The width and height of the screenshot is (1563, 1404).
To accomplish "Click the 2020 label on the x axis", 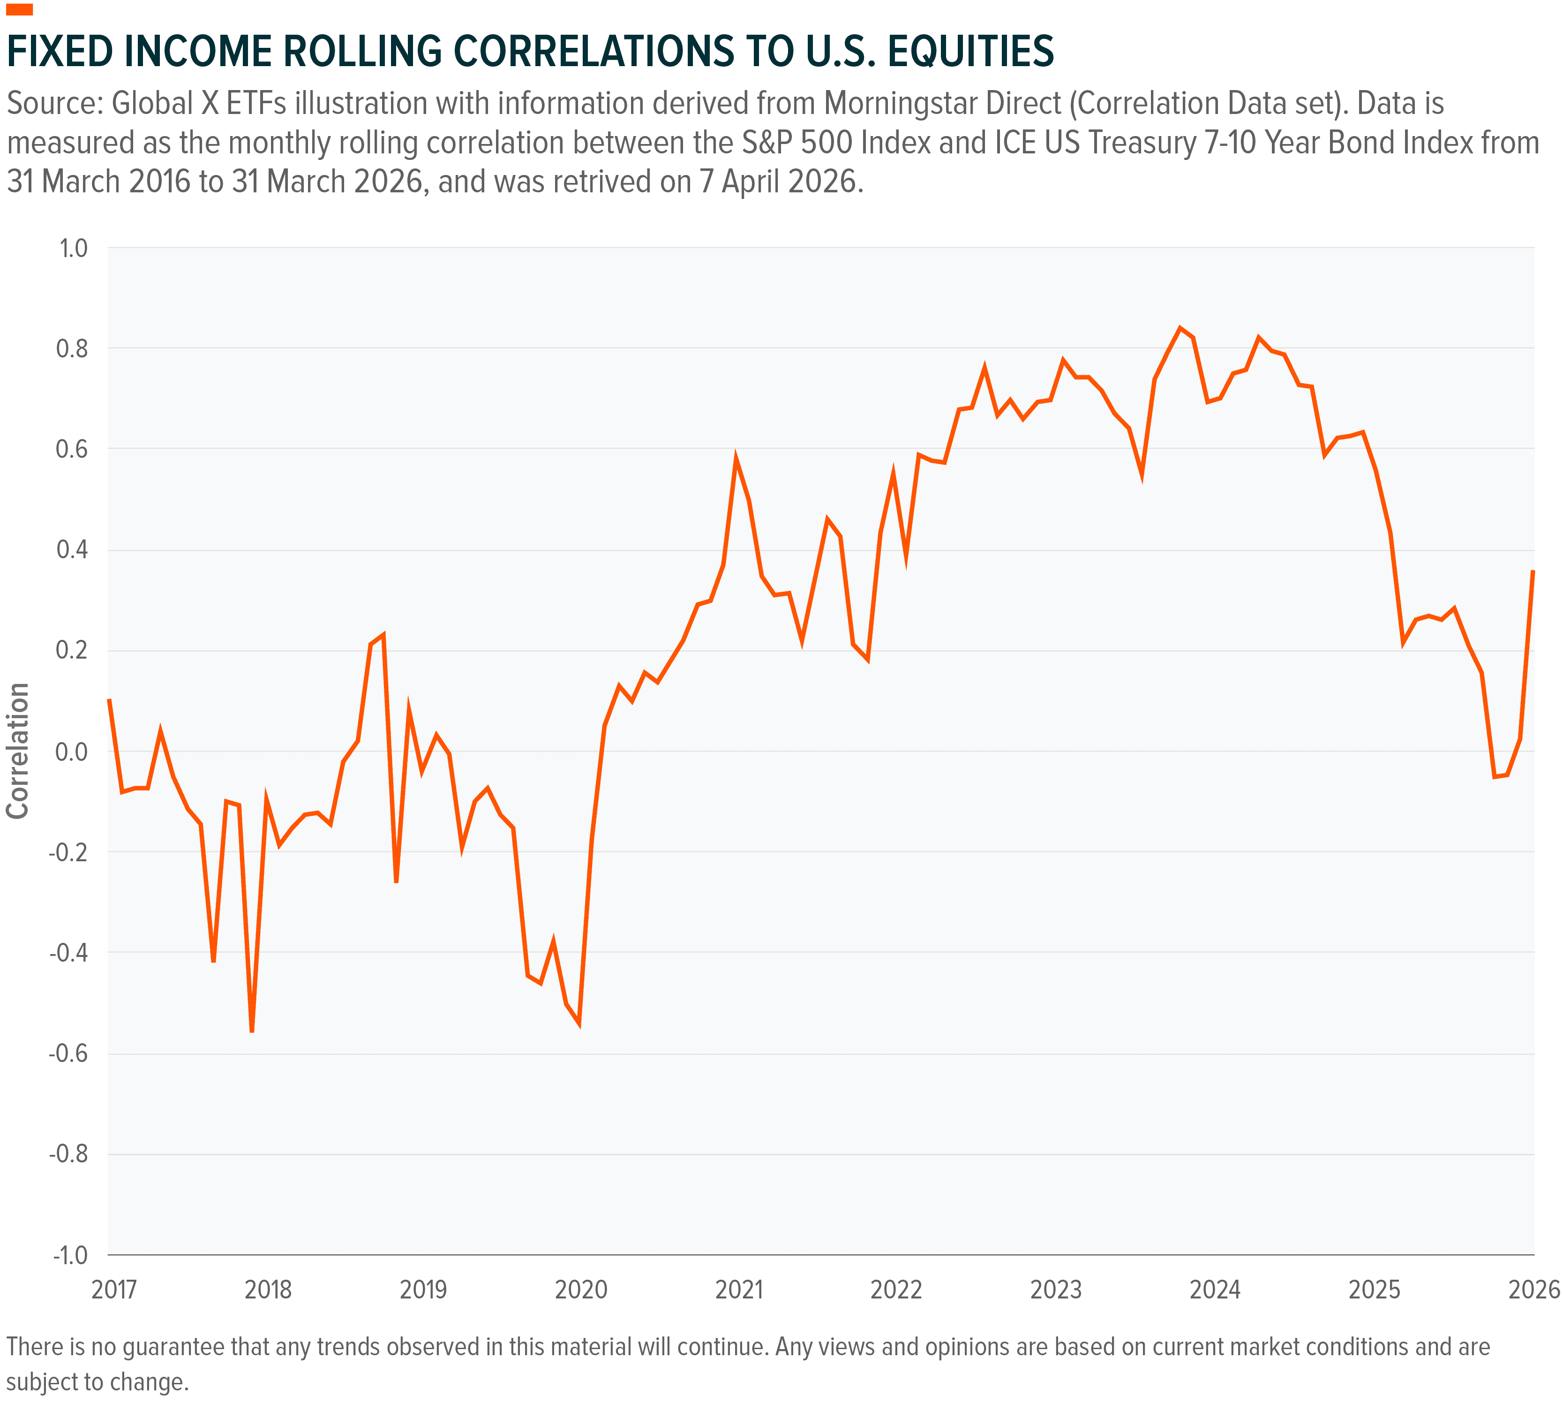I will point(581,1289).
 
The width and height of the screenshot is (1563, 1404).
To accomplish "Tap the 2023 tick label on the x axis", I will point(1056,1289).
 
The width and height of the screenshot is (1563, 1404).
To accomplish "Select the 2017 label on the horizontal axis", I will point(113,1289).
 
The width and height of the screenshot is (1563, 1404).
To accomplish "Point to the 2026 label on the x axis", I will point(1533,1289).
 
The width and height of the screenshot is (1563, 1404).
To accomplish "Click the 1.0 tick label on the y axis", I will point(73,249).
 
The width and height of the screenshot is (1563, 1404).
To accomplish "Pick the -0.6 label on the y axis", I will point(68,1053).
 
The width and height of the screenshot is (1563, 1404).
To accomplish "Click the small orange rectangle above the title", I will point(19,9).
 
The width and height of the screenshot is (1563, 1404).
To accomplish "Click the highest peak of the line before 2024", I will point(1180,328).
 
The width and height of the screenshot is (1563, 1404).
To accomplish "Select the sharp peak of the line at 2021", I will point(736,459).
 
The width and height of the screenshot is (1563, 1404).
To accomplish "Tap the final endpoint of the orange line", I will point(1533,571).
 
